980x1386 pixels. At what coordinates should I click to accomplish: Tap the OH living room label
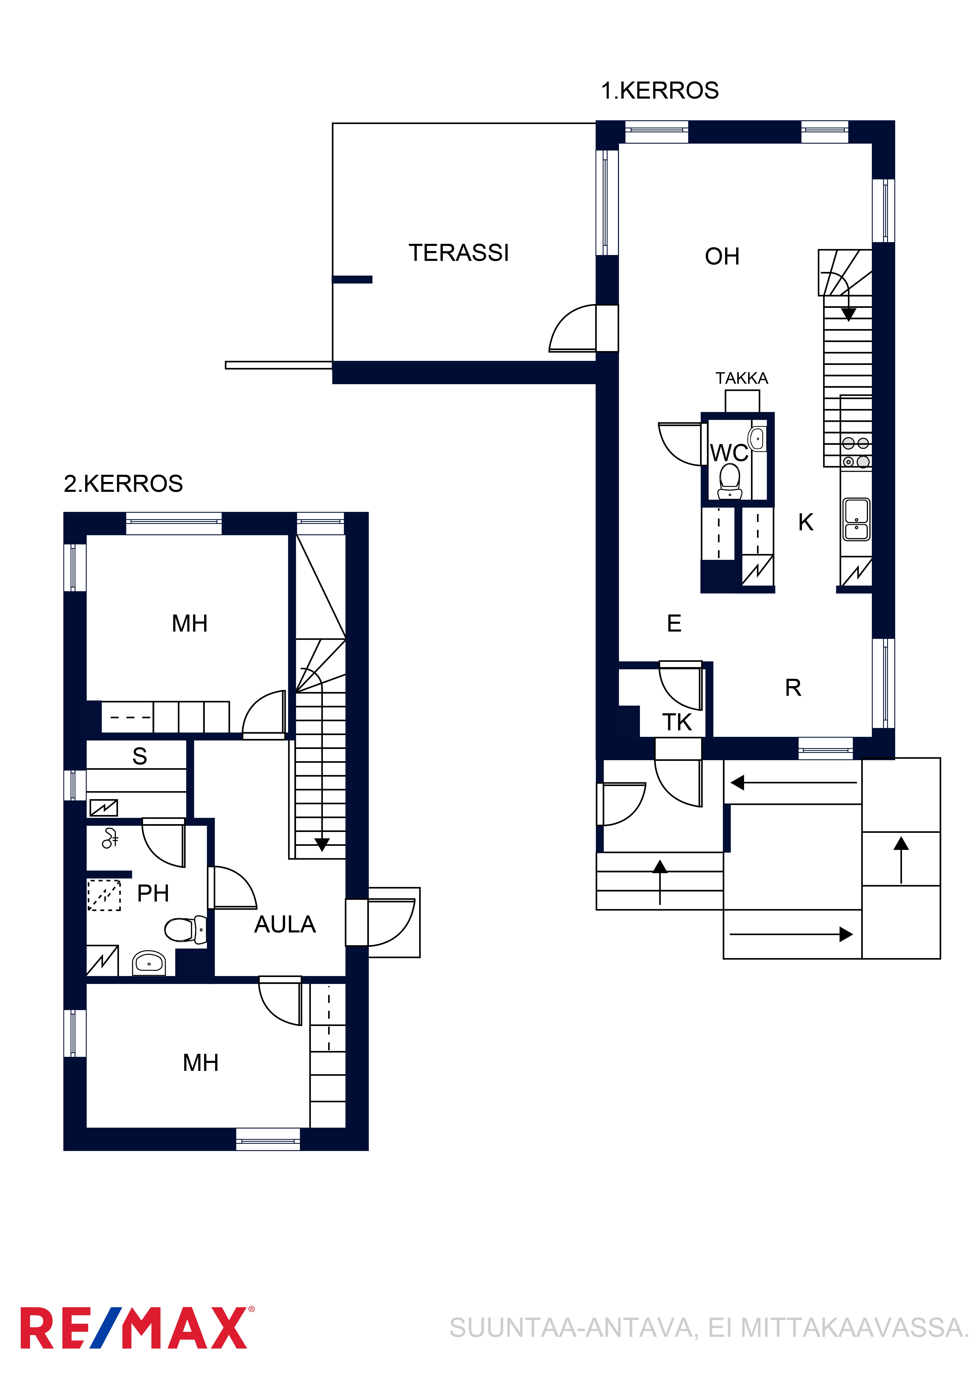tap(722, 257)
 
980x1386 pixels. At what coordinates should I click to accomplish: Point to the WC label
tap(729, 453)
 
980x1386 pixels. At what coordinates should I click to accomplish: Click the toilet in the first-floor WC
tap(730, 481)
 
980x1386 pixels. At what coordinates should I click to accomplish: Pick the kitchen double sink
tap(856, 519)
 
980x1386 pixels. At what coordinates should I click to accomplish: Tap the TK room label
tap(677, 722)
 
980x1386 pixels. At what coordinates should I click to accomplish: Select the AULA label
tap(285, 924)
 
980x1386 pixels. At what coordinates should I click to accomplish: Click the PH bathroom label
tap(153, 893)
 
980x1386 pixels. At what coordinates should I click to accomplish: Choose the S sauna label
tap(139, 756)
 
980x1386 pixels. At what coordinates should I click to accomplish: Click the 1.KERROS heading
tap(660, 91)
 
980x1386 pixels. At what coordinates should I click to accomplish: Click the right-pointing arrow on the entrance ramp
tap(791, 935)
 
